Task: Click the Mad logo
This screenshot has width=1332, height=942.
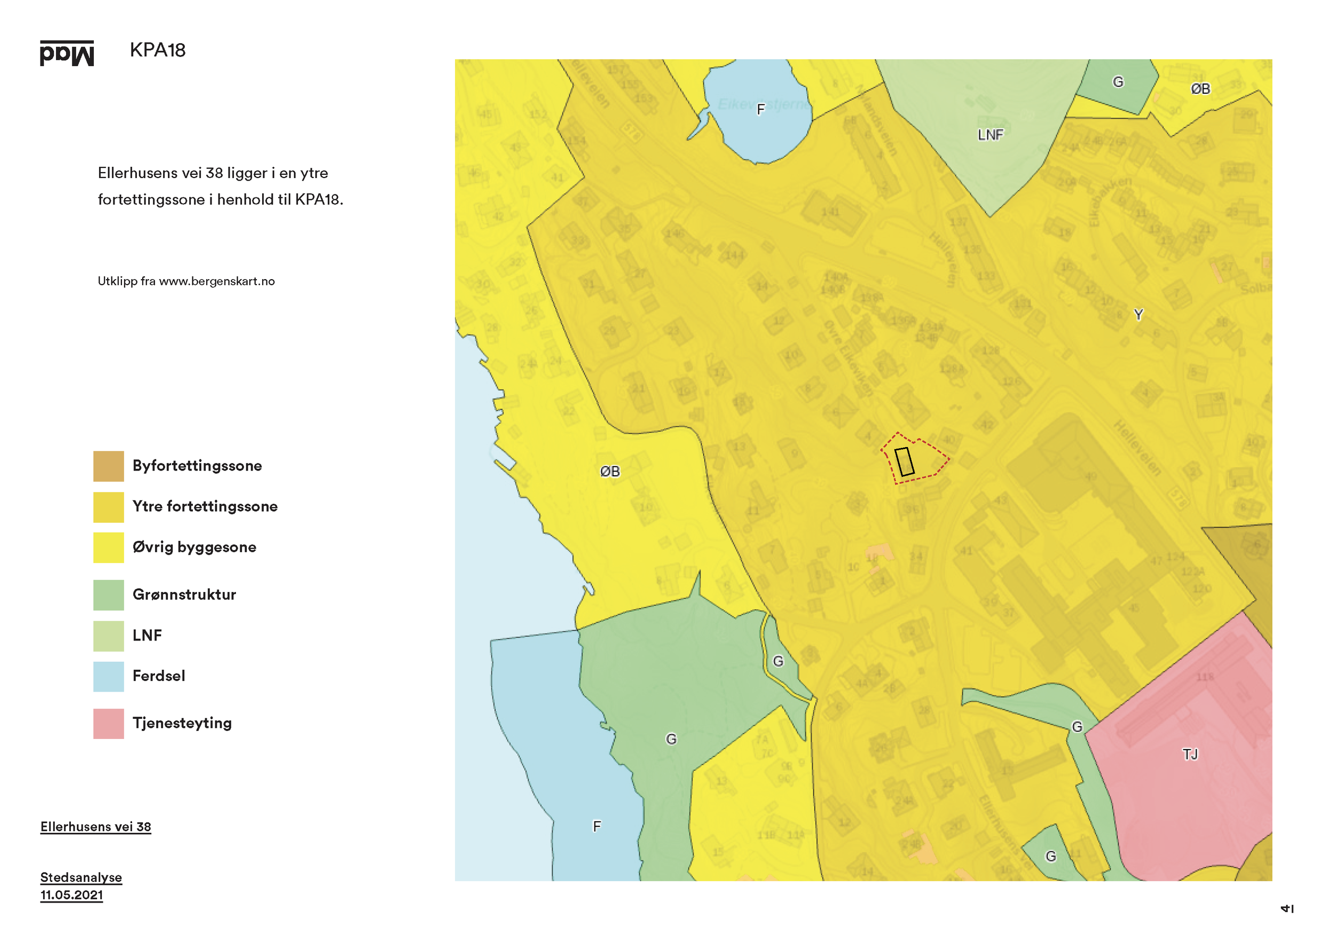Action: click(67, 53)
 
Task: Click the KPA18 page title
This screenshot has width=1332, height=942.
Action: click(157, 51)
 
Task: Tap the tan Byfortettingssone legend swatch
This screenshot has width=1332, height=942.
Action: click(109, 466)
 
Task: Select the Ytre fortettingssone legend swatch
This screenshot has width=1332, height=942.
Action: click(109, 507)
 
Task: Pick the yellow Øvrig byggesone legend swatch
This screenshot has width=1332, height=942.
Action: click(109, 548)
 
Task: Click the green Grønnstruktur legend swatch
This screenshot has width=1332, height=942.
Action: click(109, 595)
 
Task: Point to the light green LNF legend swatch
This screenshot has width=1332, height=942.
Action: click(109, 636)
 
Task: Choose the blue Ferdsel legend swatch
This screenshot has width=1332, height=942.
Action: click(109, 676)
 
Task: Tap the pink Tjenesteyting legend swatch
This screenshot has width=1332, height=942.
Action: click(109, 724)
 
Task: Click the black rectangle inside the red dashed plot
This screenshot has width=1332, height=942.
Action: click(905, 462)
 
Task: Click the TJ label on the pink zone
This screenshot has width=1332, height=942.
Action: click(1190, 754)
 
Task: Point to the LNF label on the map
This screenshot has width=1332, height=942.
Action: click(990, 135)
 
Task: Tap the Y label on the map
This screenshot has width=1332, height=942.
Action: click(1138, 314)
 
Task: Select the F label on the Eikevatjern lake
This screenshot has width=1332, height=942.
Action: click(760, 109)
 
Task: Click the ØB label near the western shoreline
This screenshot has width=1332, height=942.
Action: click(610, 472)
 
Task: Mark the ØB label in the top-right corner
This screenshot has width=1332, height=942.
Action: click(1200, 89)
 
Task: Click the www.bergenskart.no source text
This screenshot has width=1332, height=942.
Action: click(216, 281)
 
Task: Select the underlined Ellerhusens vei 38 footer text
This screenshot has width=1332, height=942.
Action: click(96, 826)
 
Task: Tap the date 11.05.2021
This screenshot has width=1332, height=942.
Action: click(71, 895)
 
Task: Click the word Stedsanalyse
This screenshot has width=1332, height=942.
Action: click(81, 877)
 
